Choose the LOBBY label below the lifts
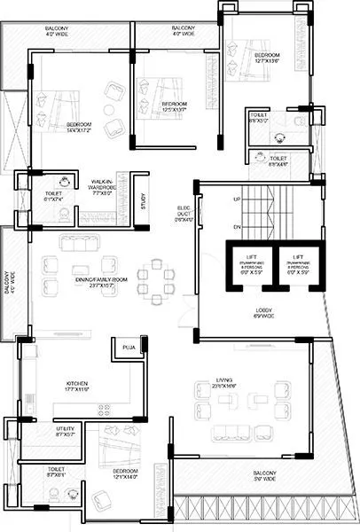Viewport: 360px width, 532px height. tap(263, 312)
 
